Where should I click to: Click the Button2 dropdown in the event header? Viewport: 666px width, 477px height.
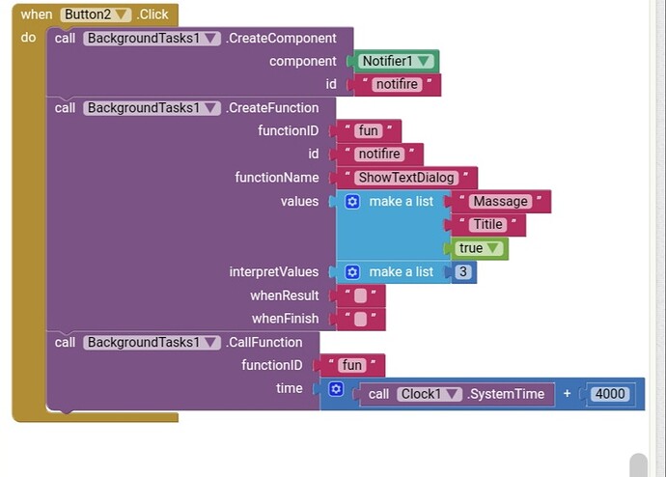pyautogui.click(x=96, y=14)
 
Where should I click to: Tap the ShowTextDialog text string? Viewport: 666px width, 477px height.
pyautogui.click(x=406, y=178)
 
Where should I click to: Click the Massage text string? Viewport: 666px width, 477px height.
pyautogui.click(x=500, y=202)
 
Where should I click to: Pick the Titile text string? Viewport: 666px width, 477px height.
pyautogui.click(x=488, y=224)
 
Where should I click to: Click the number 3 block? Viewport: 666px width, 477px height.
pyautogui.click(x=463, y=271)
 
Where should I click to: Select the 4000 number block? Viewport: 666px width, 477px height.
pyautogui.click(x=610, y=394)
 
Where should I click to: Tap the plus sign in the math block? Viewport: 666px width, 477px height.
pyautogui.click(x=567, y=394)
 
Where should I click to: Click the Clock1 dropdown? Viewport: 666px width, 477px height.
pyautogui.click(x=429, y=394)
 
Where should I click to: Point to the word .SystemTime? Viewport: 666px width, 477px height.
pyautogui.click(x=506, y=394)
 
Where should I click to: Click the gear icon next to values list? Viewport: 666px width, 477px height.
pyautogui.click(x=352, y=202)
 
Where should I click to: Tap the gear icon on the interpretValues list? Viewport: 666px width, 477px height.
pyautogui.click(x=352, y=272)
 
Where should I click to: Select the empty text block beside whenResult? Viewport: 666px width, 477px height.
pyautogui.click(x=361, y=295)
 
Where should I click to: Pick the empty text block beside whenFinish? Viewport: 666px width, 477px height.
pyautogui.click(x=361, y=319)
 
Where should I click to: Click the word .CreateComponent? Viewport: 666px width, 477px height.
pyautogui.click(x=281, y=39)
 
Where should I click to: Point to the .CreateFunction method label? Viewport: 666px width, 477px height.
pyautogui.click(x=272, y=108)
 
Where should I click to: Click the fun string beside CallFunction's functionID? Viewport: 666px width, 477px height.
pyautogui.click(x=352, y=365)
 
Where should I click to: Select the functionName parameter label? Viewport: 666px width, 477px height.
pyautogui.click(x=277, y=178)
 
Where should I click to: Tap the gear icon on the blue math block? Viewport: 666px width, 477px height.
pyautogui.click(x=336, y=389)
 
